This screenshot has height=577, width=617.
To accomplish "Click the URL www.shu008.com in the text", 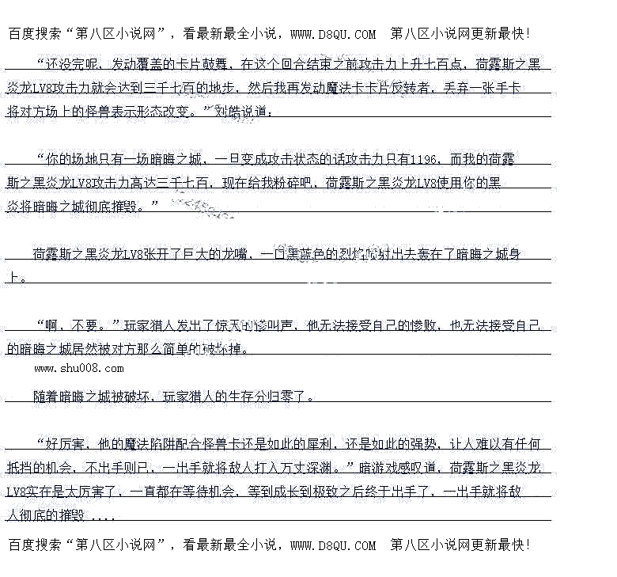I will tap(79, 368).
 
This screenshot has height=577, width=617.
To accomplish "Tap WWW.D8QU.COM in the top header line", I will tap(333, 34).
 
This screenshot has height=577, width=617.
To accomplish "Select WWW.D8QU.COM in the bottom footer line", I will tap(333, 545).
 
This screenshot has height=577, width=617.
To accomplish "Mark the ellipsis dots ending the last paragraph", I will tap(103, 515).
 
